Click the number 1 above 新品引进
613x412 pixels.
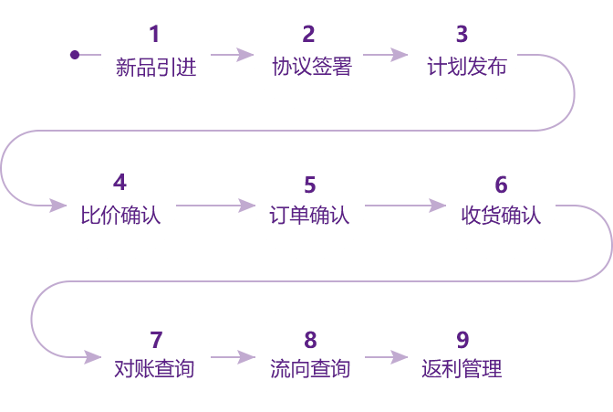154,35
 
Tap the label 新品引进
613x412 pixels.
155,67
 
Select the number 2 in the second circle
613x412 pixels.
308,35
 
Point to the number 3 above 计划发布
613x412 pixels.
462,35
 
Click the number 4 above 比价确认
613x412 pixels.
119,185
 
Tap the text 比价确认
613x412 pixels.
119,217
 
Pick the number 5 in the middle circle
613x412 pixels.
309,185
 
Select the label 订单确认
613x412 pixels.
310,217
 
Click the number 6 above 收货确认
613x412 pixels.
500,185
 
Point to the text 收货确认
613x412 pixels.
501,217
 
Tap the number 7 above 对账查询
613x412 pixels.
156,340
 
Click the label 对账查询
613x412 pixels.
155,370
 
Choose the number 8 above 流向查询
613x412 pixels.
310,340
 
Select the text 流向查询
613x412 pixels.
310,370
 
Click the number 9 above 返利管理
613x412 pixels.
462,340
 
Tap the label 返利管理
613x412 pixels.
462,370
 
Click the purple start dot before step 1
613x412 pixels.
75,55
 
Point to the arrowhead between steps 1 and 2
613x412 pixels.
244,55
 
